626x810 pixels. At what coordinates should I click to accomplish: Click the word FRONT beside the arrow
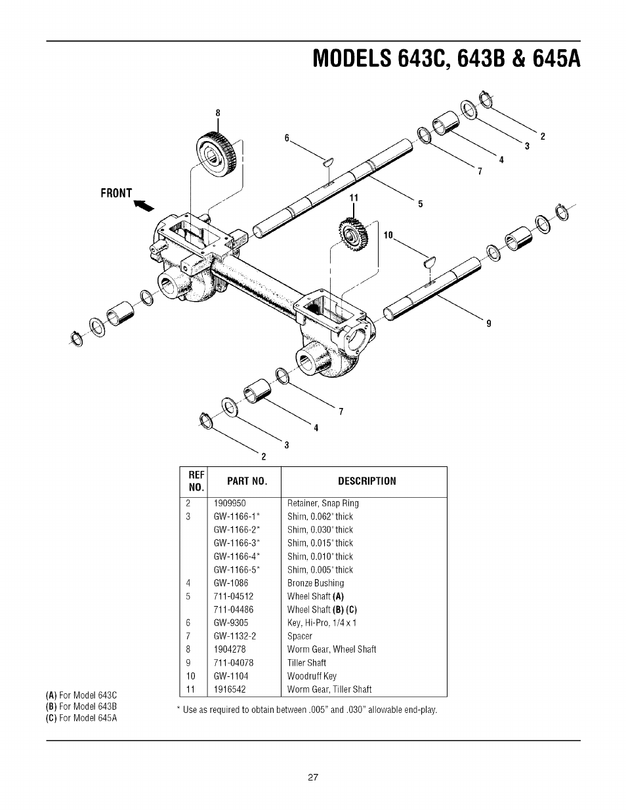click(116, 193)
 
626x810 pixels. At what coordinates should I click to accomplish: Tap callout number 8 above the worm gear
click(218, 113)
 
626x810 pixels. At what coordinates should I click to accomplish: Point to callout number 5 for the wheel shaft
click(420, 204)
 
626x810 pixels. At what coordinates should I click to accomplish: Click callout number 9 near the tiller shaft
click(488, 323)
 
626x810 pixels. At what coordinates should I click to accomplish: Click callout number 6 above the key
click(286, 138)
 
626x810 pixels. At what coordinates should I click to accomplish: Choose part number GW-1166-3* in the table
click(237, 543)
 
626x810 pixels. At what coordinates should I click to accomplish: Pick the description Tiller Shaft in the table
click(306, 662)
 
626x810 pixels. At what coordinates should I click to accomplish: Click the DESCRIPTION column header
click(367, 481)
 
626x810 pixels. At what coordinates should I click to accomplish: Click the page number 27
click(313, 778)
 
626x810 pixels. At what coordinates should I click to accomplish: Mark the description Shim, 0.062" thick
click(320, 516)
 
